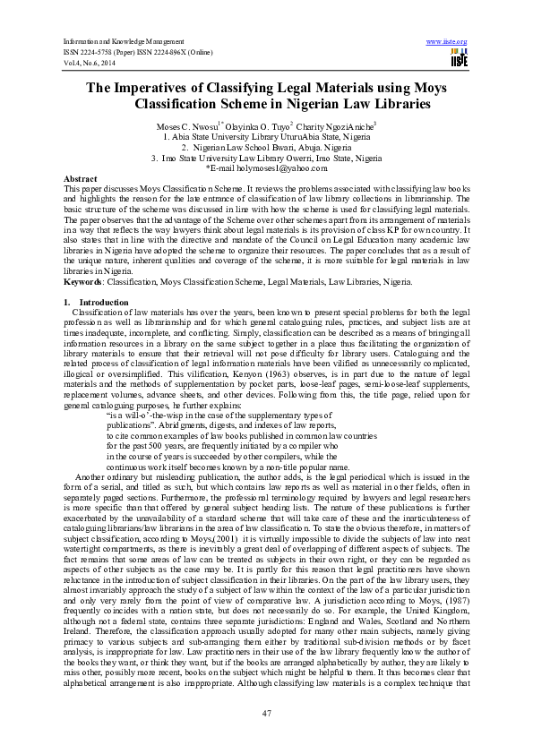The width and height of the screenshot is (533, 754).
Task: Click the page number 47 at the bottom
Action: coord(266,711)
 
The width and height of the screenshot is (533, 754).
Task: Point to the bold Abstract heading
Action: coord(81,179)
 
